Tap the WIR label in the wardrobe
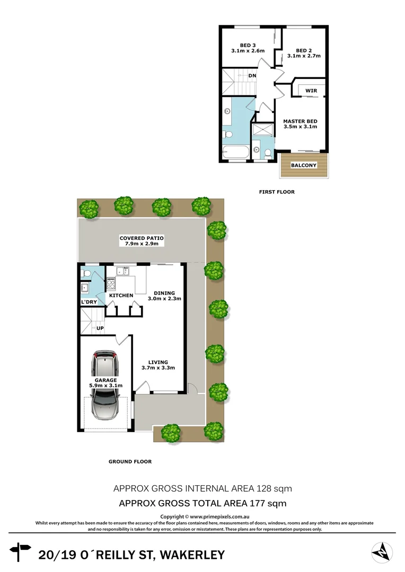(x=311, y=91)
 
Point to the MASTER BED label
(x=300, y=121)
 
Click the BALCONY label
(x=304, y=165)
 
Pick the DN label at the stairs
(x=252, y=76)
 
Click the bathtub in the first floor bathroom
(x=233, y=153)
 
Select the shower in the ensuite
(x=262, y=130)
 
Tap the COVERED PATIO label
(x=142, y=238)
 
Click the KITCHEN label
(x=121, y=295)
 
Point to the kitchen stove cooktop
(x=112, y=283)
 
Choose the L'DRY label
(x=88, y=302)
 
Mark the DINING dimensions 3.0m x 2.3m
(x=168, y=299)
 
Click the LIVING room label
(x=158, y=362)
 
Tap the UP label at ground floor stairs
(x=99, y=328)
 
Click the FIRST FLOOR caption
(x=277, y=192)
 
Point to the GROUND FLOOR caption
(x=130, y=461)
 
